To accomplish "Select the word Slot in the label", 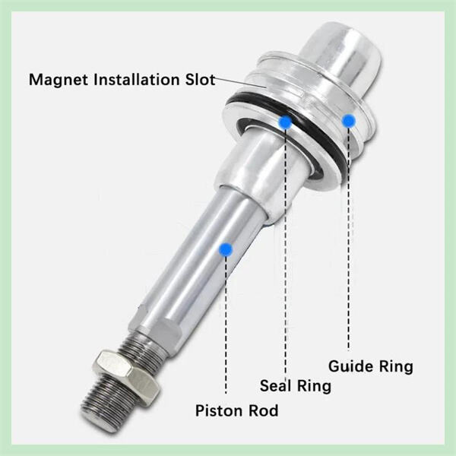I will click(200, 79).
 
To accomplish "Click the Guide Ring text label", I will click(370, 366).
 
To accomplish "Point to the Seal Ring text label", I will click(296, 386).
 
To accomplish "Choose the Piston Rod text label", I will click(236, 411).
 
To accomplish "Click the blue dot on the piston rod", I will click(225, 248).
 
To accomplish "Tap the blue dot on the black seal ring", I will click(285, 122).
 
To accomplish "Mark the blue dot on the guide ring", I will click(349, 119).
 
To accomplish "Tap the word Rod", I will click(263, 411).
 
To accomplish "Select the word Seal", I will click(277, 386).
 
